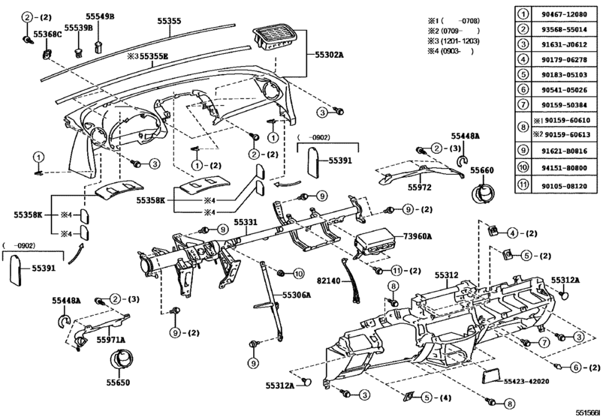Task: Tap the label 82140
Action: (327, 280)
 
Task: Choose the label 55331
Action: (245, 222)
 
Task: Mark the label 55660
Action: (482, 171)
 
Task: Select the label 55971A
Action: (110, 340)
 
